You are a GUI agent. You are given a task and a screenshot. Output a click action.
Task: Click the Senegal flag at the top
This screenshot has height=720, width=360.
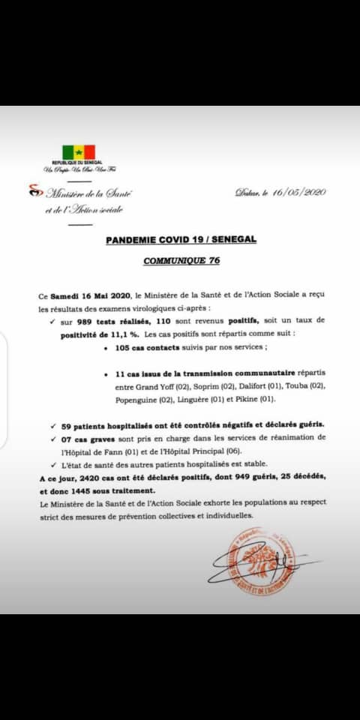coord(79,152)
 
